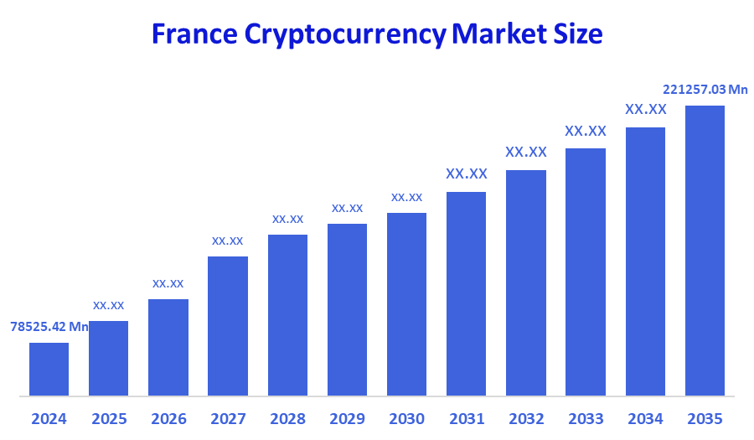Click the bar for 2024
click(x=49, y=369)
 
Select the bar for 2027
click(x=228, y=325)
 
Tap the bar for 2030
click(x=406, y=303)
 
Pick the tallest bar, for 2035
click(x=705, y=250)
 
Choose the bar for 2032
click(x=526, y=282)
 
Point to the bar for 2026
click(x=168, y=347)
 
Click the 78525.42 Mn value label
click(x=49, y=326)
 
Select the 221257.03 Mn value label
click(x=705, y=89)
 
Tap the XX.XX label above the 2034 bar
click(x=645, y=110)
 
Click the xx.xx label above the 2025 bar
click(x=108, y=305)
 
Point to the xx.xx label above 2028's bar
click(x=287, y=219)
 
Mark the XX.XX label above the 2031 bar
click(x=466, y=174)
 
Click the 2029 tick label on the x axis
click(x=347, y=418)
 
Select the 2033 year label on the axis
click(x=586, y=418)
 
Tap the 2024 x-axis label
click(x=49, y=418)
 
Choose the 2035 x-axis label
click(x=705, y=418)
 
